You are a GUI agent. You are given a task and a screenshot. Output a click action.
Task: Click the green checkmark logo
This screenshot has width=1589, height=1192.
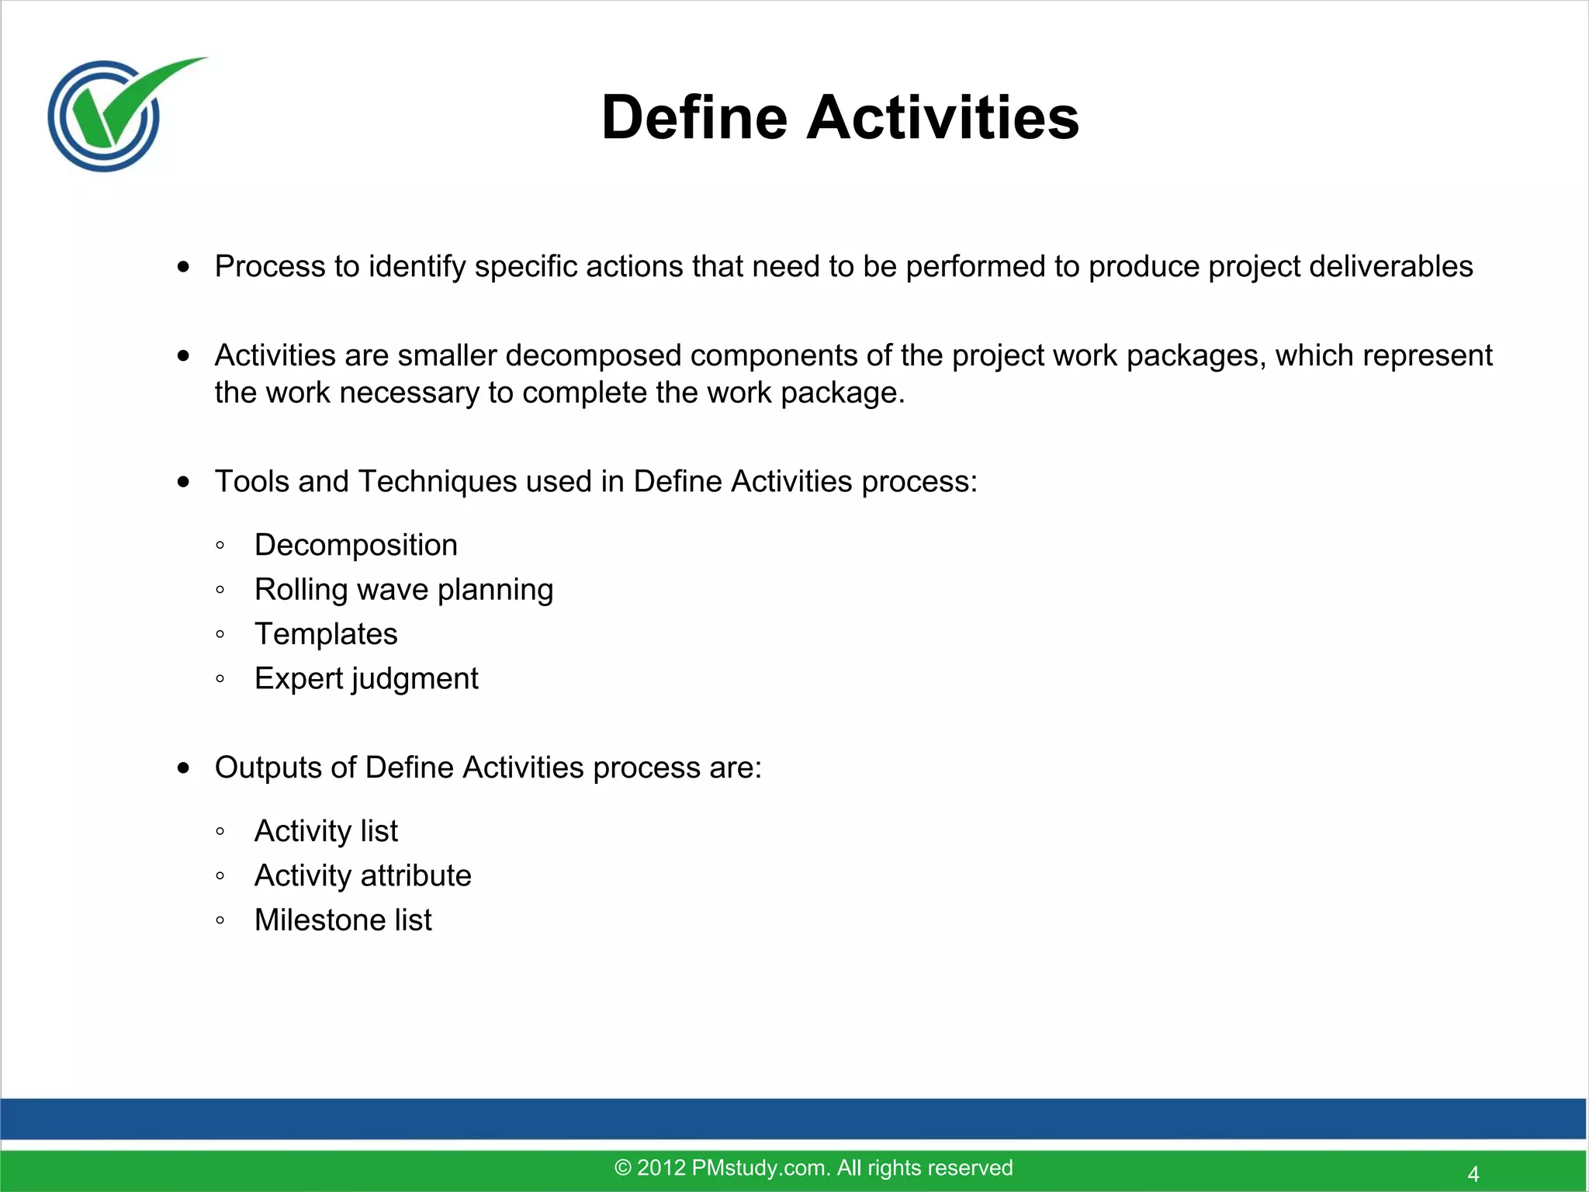pos(116,113)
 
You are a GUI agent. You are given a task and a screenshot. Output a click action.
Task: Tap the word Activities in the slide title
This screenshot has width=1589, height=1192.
pos(943,118)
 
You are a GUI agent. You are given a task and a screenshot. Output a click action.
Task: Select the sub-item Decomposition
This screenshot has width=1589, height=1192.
pos(355,545)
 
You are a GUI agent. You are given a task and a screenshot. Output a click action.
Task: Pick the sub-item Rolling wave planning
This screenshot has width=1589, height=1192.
pos(403,590)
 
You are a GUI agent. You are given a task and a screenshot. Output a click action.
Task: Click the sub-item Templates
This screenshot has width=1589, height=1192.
pos(326,634)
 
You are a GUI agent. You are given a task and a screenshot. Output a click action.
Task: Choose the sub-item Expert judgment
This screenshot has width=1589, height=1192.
pos(366,679)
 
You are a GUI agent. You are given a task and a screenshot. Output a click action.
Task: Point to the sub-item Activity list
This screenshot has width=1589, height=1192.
pos(326,831)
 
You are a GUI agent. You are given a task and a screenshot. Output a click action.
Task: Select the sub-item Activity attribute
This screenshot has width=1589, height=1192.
pos(362,875)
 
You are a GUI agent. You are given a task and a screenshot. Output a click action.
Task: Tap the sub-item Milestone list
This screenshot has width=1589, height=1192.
pos(343,920)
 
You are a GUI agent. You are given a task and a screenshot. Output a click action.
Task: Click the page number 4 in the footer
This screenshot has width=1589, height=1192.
pos(1473,1174)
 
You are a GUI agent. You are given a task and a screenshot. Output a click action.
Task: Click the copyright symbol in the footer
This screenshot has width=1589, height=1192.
pos(622,1168)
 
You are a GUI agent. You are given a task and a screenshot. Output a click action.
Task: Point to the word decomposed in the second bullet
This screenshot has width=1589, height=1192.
pos(594,355)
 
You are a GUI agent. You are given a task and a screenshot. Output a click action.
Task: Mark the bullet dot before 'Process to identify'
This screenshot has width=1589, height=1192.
pos(183,267)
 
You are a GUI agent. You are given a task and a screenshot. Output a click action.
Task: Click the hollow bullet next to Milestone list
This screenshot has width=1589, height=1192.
pos(220,921)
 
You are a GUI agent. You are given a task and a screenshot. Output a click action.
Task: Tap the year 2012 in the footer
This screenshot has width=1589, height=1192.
pos(661,1168)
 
